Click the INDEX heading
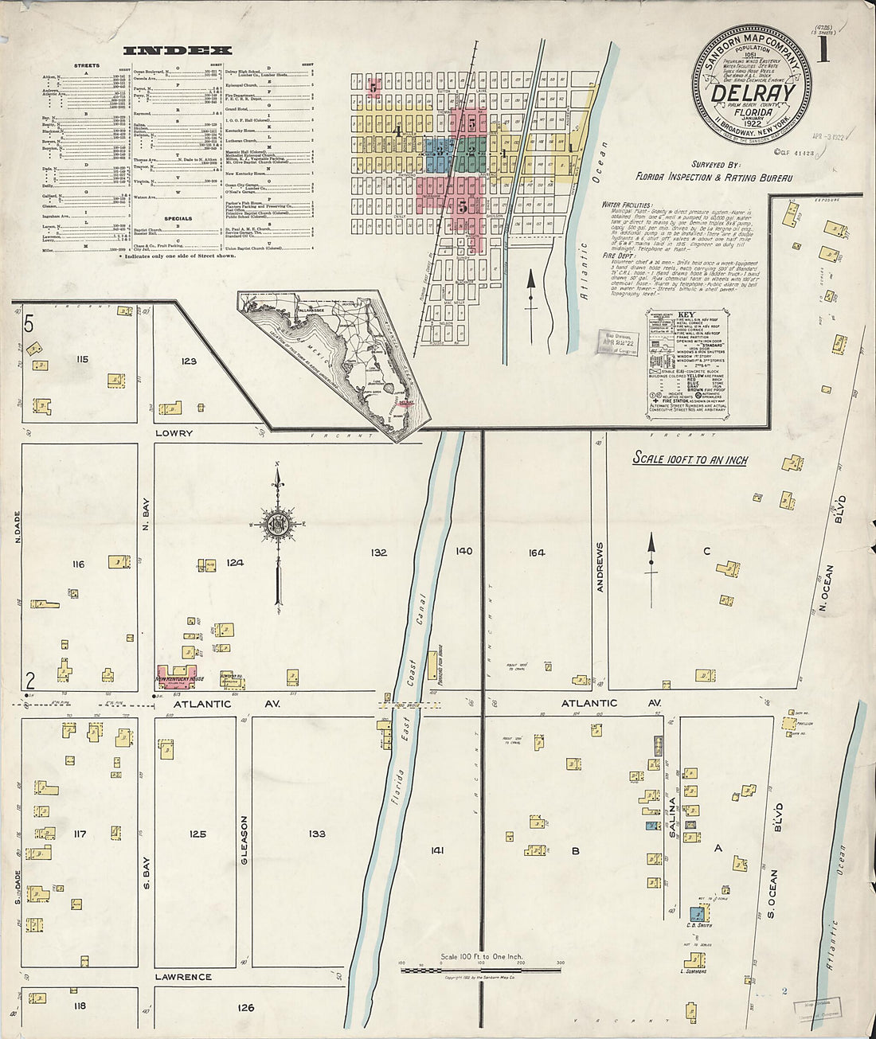[178, 50]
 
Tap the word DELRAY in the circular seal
[752, 94]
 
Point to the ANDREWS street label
[600, 567]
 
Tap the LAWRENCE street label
[183, 976]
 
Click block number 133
[317, 834]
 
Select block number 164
[537, 553]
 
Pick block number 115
[81, 359]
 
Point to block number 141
[437, 850]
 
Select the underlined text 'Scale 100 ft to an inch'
[690, 459]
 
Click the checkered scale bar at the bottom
[480, 969]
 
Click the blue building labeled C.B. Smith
[696, 913]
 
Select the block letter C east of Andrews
[706, 551]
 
